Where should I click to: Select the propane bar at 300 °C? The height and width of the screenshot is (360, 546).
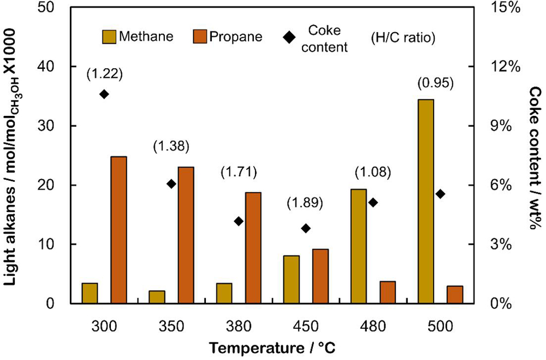click(118, 229)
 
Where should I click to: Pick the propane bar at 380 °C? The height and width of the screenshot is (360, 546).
click(253, 247)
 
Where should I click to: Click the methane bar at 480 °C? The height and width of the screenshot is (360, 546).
click(358, 246)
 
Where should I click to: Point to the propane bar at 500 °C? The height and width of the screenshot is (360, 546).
click(455, 294)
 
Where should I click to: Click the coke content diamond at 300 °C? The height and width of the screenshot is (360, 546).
click(104, 94)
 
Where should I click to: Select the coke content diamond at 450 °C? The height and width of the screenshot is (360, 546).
click(306, 228)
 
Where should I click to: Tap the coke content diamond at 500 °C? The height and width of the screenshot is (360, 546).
click(440, 194)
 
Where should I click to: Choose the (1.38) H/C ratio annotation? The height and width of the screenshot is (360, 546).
click(171, 146)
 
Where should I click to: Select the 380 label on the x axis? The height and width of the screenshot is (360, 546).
click(238, 327)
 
